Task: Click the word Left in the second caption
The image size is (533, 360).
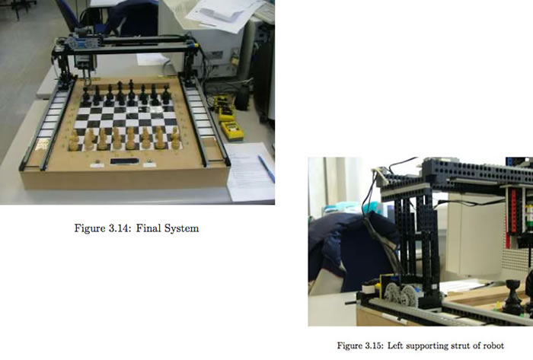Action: click(401, 346)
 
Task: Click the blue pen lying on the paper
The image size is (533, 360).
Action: click(266, 168)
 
